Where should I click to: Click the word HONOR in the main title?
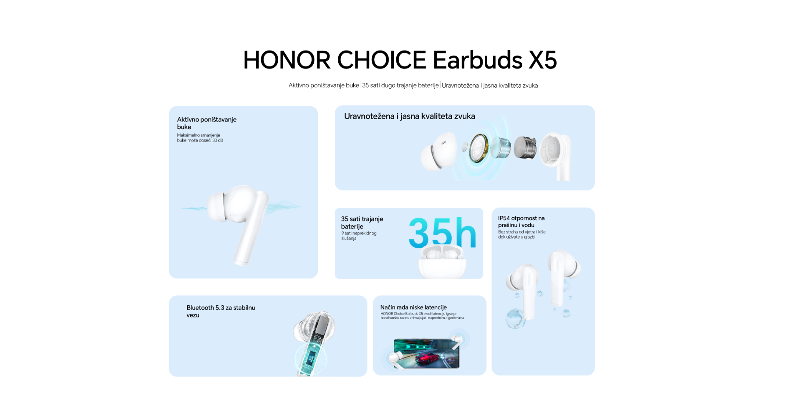tap(287, 60)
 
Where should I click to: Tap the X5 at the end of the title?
tap(543, 60)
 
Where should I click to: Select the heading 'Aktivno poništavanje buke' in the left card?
tap(207, 123)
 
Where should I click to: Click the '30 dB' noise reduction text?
tap(218, 140)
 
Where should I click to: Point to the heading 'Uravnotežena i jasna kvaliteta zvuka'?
tap(410, 116)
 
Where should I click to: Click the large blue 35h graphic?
tap(442, 232)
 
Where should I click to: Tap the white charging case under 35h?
tap(443, 263)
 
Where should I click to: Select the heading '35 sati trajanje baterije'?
tap(362, 223)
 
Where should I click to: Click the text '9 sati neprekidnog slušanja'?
tap(359, 236)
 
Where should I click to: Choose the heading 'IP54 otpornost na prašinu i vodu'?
tap(521, 221)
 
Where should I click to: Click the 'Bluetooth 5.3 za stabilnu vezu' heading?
tap(221, 311)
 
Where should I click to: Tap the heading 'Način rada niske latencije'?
tap(413, 307)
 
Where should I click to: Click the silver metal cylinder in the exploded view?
tap(525, 147)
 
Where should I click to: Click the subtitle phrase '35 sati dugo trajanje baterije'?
tap(400, 85)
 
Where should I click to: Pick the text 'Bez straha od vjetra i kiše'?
tap(522, 232)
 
